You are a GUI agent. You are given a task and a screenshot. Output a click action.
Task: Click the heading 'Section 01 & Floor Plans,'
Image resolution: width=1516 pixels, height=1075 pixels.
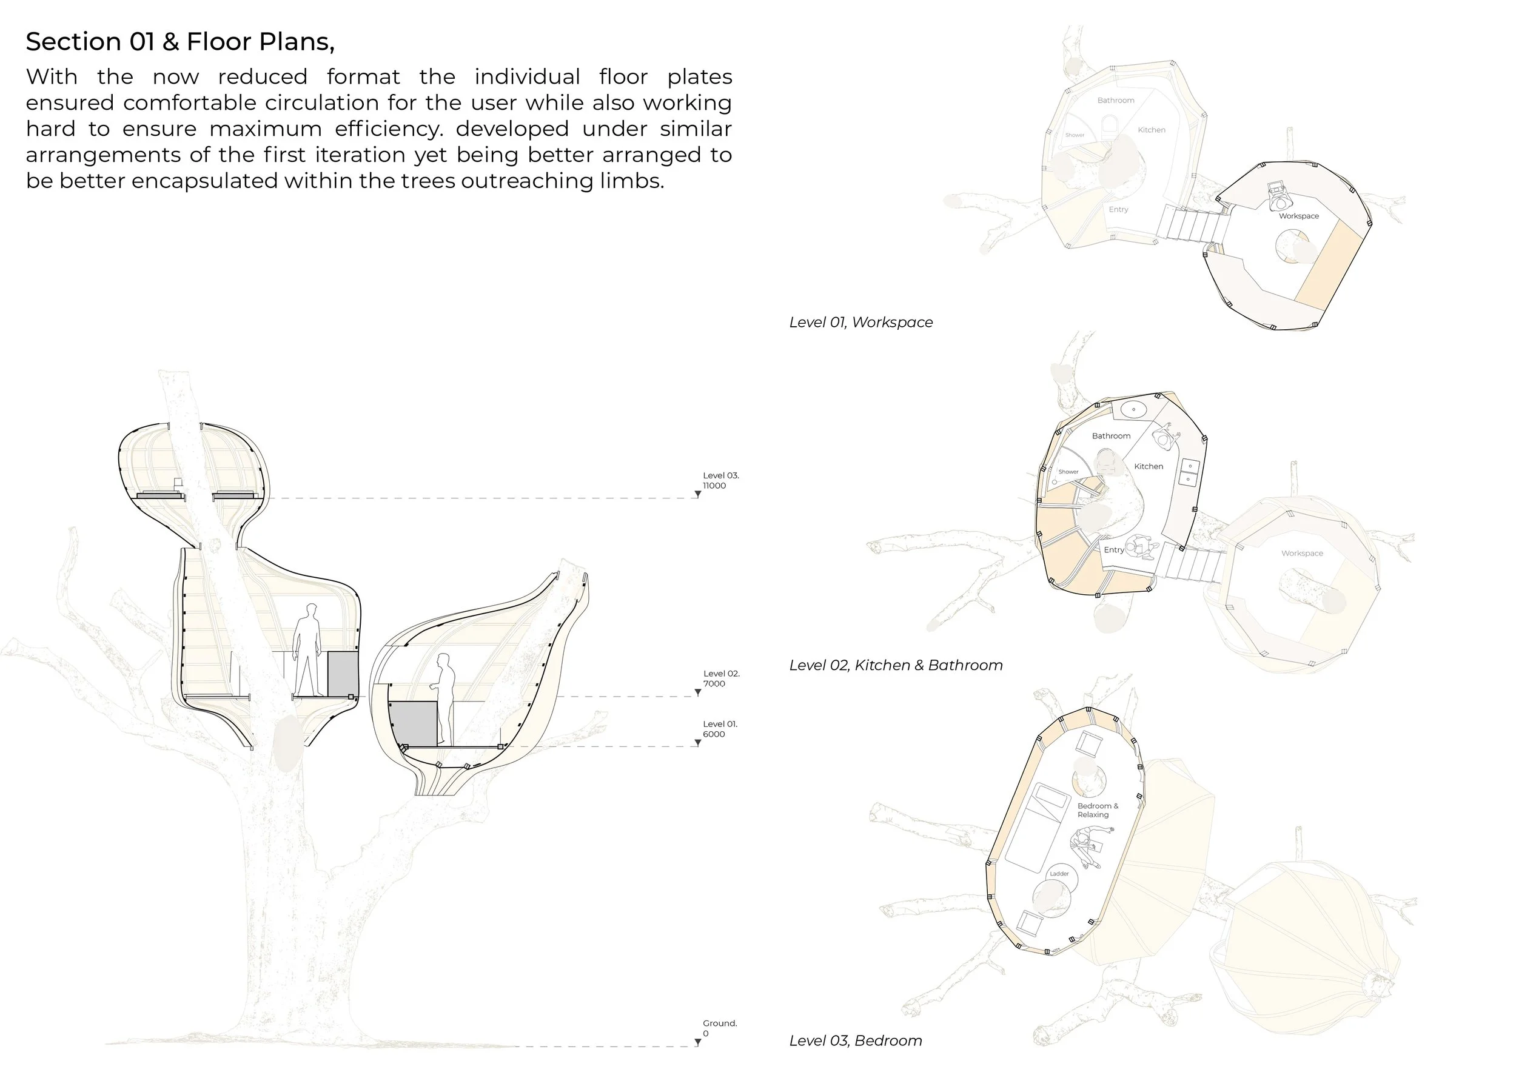(180, 42)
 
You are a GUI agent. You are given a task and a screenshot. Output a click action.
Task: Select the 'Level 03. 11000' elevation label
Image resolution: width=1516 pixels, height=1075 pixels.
(720, 481)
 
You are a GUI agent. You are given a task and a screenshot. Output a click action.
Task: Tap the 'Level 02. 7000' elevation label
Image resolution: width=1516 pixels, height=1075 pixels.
(720, 678)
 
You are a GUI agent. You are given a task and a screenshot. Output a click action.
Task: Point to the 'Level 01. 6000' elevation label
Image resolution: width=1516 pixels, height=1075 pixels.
(719, 729)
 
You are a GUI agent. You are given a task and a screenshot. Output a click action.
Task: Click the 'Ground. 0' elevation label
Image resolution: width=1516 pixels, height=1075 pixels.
(719, 1028)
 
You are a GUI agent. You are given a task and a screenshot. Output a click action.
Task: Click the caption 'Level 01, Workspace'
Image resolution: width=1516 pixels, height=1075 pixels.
(860, 323)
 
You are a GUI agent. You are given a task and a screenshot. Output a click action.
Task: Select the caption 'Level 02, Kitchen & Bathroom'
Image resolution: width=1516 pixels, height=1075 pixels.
(896, 665)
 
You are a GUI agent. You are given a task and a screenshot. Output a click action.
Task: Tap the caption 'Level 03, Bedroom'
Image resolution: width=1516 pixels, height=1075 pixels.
(855, 1040)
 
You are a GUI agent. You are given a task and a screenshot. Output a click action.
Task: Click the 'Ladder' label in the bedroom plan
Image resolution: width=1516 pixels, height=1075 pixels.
(1059, 874)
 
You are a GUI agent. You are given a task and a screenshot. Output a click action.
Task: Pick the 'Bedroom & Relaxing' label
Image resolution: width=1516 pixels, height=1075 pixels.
(1098, 810)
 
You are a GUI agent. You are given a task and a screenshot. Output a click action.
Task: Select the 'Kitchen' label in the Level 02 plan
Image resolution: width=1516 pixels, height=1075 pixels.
(1149, 467)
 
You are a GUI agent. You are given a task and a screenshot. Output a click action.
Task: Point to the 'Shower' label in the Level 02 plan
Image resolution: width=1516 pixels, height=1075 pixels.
(1068, 472)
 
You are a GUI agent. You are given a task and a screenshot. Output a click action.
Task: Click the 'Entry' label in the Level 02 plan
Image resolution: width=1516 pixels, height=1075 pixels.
(1113, 550)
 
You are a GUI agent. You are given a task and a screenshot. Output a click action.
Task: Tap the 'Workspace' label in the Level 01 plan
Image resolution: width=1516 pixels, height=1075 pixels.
(1298, 216)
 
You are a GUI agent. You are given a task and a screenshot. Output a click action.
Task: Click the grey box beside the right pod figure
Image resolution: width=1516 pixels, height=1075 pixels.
(412, 723)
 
